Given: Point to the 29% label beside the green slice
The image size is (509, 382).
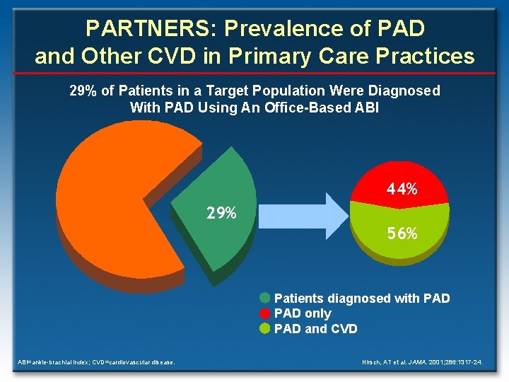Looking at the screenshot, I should pyautogui.click(x=221, y=213).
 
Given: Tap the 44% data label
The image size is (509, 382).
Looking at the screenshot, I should pyautogui.click(x=401, y=190).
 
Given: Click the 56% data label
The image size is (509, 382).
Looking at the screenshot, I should pyautogui.click(x=402, y=233).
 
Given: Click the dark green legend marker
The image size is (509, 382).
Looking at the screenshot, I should pyautogui.click(x=265, y=298).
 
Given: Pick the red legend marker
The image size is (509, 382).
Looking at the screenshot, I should pyautogui.click(x=265, y=313).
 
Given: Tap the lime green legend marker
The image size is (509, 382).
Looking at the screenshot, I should pyautogui.click(x=265, y=328).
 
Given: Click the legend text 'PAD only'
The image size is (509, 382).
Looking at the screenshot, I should pyautogui.click(x=302, y=313).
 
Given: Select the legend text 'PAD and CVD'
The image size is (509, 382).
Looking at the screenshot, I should pyautogui.click(x=315, y=329).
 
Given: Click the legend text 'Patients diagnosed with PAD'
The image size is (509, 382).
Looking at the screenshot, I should pyautogui.click(x=361, y=299).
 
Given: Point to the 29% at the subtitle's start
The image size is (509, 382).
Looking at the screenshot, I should pyautogui.click(x=82, y=91).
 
